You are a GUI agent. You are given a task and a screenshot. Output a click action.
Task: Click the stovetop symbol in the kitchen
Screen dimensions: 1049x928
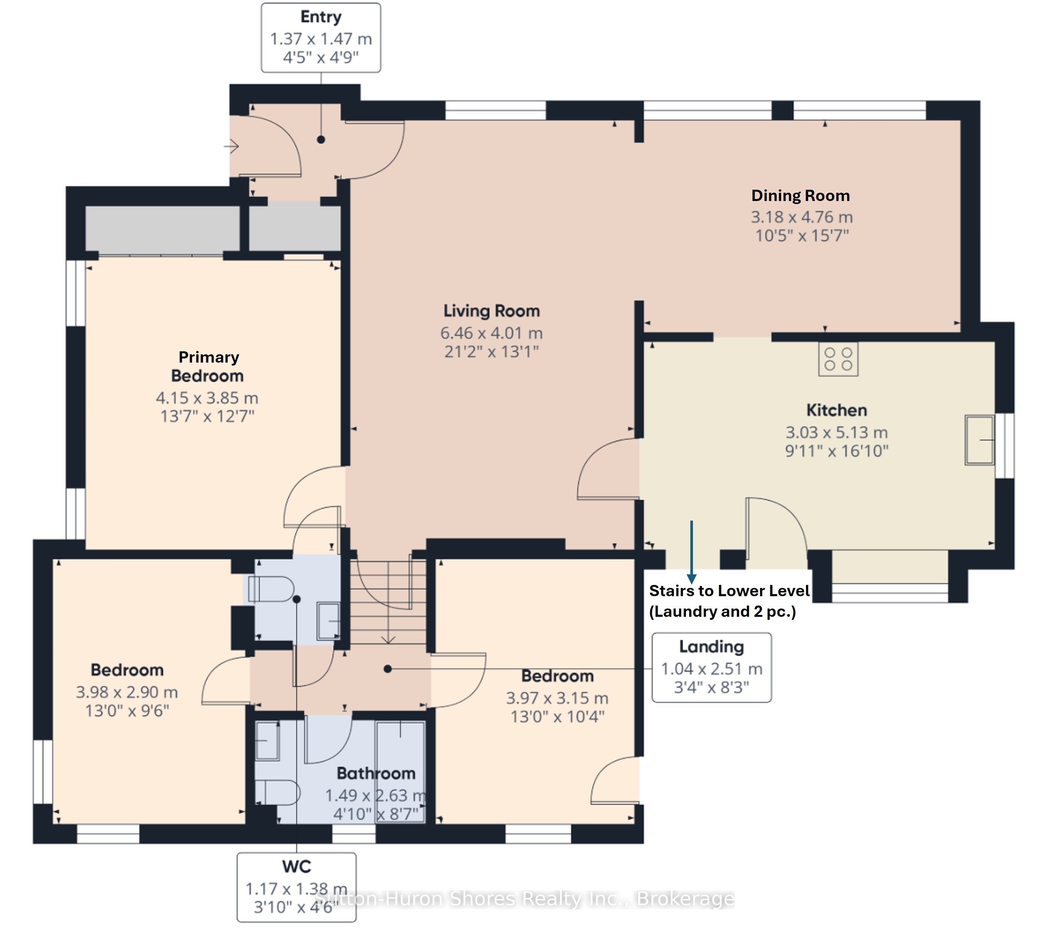838,359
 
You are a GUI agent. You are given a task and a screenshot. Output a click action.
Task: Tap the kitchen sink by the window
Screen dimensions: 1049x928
979,440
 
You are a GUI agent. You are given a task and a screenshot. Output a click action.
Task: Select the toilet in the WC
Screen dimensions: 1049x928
271,589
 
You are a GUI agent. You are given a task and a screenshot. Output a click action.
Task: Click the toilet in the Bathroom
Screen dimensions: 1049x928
277,793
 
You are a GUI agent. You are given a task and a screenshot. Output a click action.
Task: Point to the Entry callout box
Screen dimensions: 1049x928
321,37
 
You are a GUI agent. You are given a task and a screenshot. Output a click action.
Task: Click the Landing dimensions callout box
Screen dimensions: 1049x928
711,667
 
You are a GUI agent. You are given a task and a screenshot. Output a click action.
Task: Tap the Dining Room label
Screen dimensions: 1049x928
801,195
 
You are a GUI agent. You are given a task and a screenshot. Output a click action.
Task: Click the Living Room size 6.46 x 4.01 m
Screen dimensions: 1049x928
491,333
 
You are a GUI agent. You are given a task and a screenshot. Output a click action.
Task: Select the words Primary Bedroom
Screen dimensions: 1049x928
208,366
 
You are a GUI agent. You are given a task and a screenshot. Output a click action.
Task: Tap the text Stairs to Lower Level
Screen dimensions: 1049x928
729,591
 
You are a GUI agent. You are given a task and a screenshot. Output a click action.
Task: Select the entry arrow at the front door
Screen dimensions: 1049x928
231,146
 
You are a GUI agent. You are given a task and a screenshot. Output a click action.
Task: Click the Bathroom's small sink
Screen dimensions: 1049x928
267,741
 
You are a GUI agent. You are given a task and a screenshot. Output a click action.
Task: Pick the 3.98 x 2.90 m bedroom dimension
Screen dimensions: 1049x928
127,692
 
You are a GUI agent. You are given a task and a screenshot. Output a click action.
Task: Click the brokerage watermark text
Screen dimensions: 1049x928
524,898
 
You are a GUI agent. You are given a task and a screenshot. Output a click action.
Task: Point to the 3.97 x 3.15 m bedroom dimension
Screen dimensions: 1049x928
558,698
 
